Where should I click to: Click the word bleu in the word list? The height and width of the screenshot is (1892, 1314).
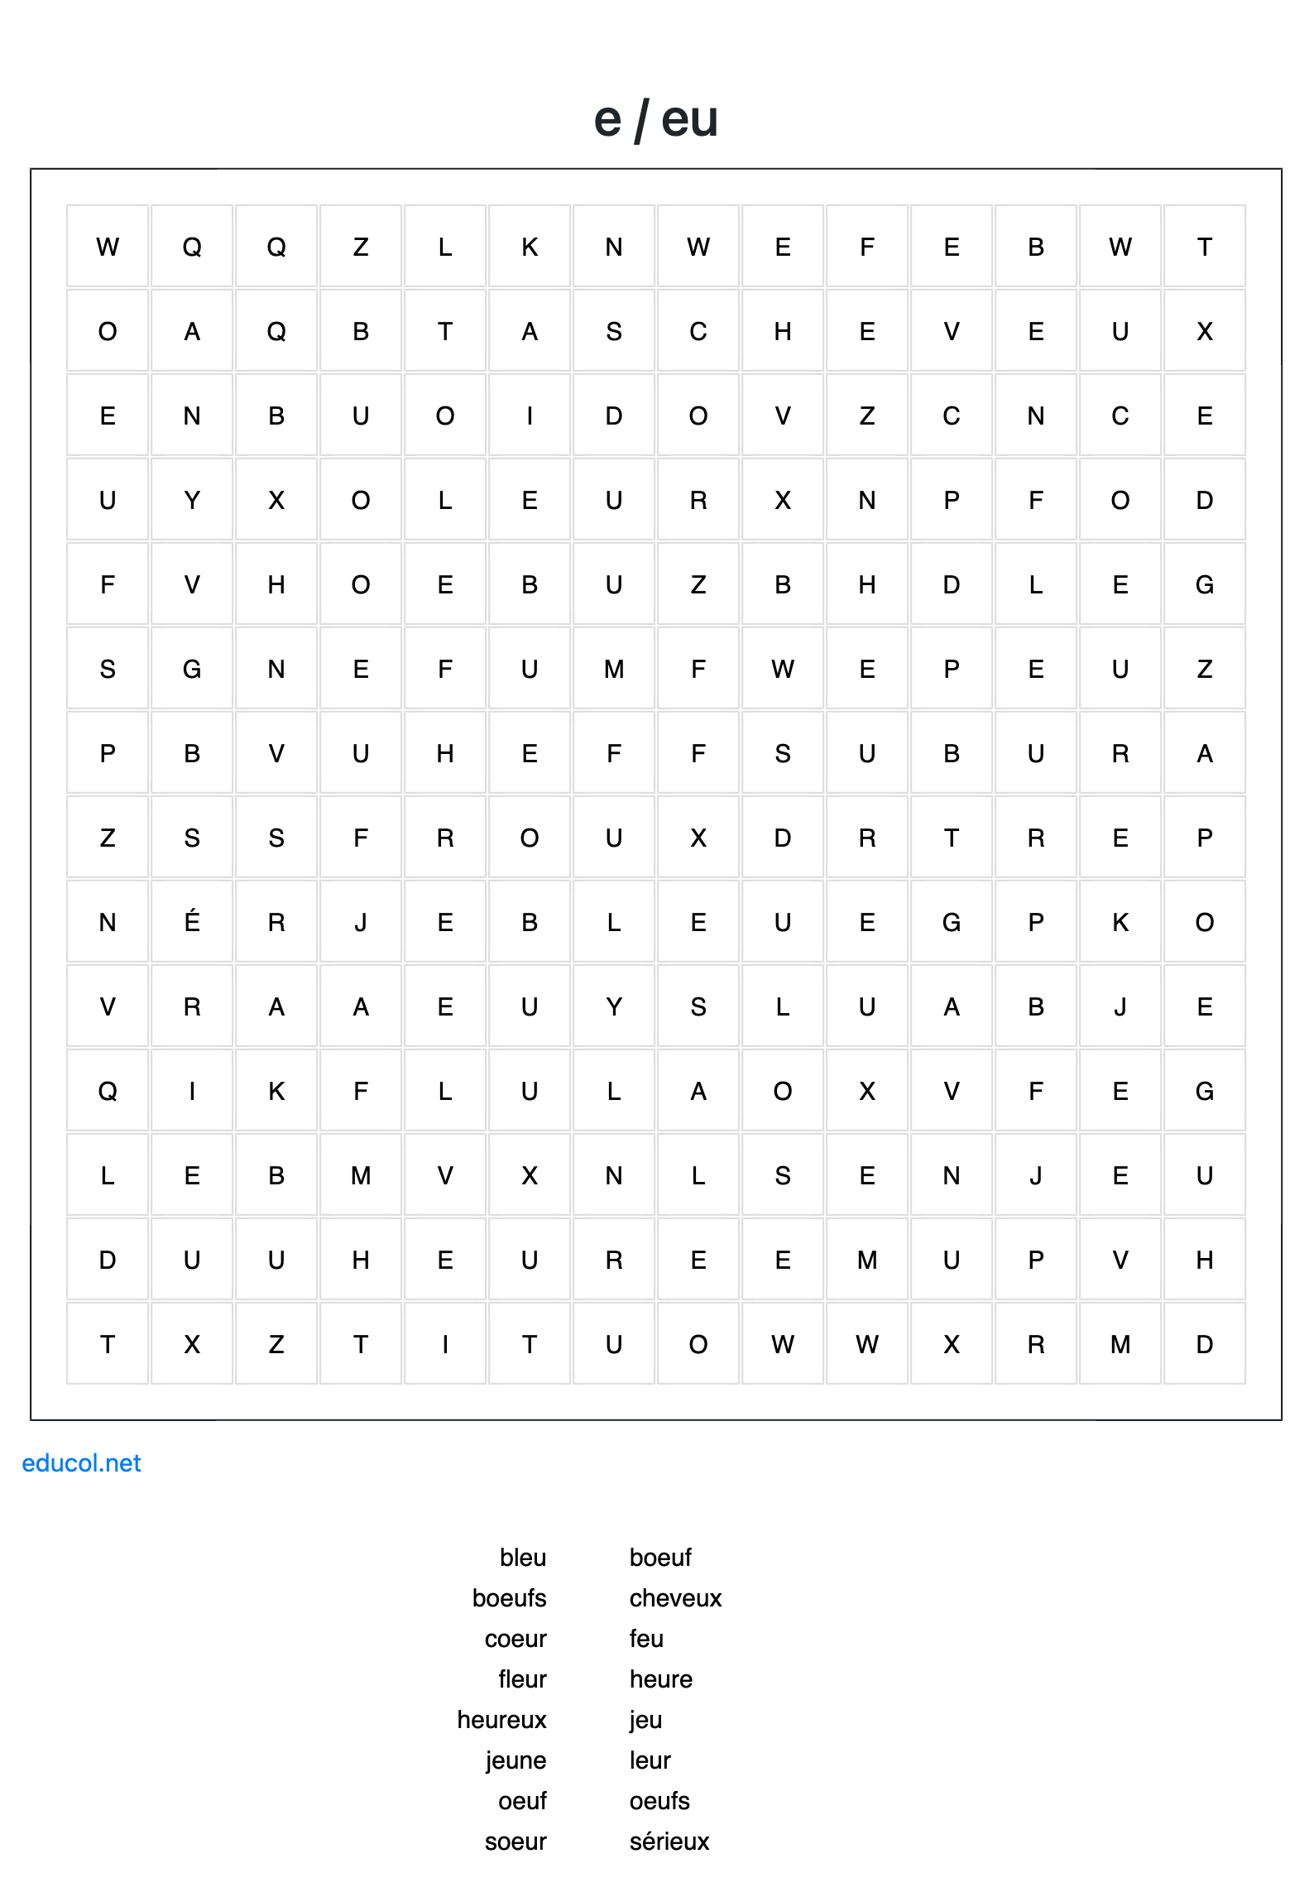click(523, 1558)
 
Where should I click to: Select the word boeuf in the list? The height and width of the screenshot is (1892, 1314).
click(660, 1558)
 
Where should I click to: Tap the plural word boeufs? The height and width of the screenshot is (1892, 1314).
click(509, 1598)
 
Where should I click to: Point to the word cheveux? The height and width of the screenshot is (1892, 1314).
click(675, 1598)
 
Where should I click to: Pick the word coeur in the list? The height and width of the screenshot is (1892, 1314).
click(516, 1639)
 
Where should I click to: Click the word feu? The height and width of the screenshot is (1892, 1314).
click(646, 1639)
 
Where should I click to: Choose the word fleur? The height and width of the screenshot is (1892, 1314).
click(522, 1679)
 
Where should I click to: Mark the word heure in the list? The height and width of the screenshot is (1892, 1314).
click(660, 1679)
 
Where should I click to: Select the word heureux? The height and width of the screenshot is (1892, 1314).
click(501, 1720)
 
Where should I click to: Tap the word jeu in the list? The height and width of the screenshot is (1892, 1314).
click(645, 1720)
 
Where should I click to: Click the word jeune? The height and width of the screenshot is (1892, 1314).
click(516, 1760)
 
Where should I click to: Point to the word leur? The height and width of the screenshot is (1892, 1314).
click(650, 1760)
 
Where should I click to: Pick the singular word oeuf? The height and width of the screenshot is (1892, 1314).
click(522, 1801)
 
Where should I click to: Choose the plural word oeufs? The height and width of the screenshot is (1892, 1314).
click(659, 1801)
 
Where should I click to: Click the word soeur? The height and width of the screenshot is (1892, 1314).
click(516, 1842)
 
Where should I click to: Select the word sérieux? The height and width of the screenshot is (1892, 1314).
click(669, 1842)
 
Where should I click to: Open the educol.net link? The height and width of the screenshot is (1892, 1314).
click(81, 1463)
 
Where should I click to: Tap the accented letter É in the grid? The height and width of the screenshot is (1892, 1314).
click(192, 921)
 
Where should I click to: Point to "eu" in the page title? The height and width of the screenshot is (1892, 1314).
click(689, 119)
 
